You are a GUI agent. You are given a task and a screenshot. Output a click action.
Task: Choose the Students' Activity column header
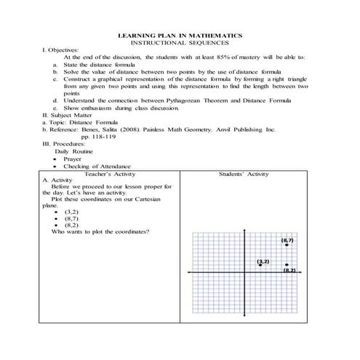pyautogui.click(x=244, y=175)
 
